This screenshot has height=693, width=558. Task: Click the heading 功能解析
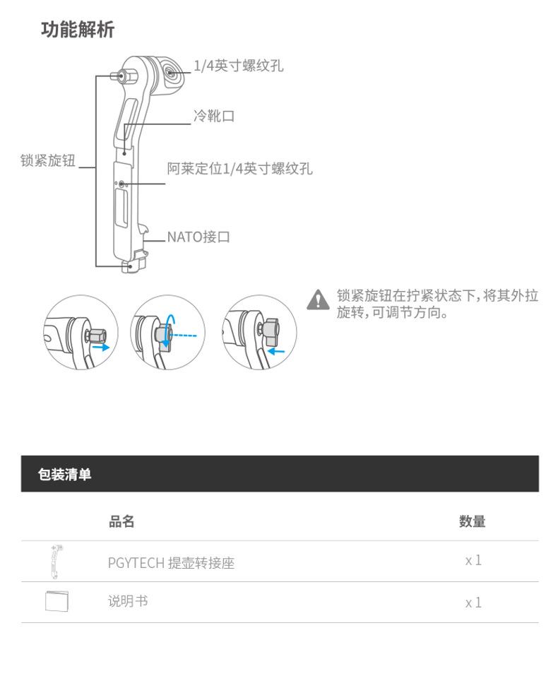click(78, 30)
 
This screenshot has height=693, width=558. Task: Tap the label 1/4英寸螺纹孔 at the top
click(238, 66)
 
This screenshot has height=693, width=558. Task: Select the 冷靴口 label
click(214, 117)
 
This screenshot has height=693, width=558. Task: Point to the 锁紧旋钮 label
click(47, 160)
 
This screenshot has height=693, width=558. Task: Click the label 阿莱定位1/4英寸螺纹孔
click(239, 169)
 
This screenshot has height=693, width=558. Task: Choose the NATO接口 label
click(198, 237)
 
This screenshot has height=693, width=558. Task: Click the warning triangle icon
click(319, 300)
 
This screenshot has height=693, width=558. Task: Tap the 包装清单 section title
click(64, 474)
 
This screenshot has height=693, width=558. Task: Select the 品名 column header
click(121, 522)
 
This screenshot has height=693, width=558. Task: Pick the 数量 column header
click(472, 522)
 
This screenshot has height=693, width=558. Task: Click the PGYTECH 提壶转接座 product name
click(171, 563)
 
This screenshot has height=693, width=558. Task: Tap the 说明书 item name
click(128, 601)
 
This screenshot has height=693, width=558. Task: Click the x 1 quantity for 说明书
click(473, 603)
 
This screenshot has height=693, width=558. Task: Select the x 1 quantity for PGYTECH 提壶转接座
click(473, 561)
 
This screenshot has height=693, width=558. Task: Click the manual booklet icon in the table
click(57, 601)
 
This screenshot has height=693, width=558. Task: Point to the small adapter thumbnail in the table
click(57, 562)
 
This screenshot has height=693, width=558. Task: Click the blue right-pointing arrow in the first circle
click(101, 348)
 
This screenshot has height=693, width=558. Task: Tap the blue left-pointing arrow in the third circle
click(278, 350)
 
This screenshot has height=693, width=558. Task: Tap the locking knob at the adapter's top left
click(121, 76)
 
